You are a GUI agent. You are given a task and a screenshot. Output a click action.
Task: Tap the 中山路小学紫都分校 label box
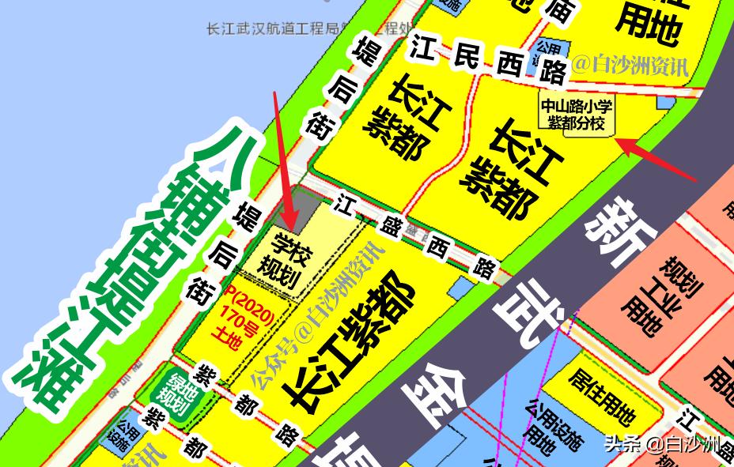tap(577, 115)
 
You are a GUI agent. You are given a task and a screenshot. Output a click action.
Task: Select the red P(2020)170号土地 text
tap(248, 316)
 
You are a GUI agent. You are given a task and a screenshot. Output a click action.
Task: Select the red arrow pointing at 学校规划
tap(283, 158)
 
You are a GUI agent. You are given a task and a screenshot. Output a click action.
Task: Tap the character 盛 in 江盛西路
tap(390, 225)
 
